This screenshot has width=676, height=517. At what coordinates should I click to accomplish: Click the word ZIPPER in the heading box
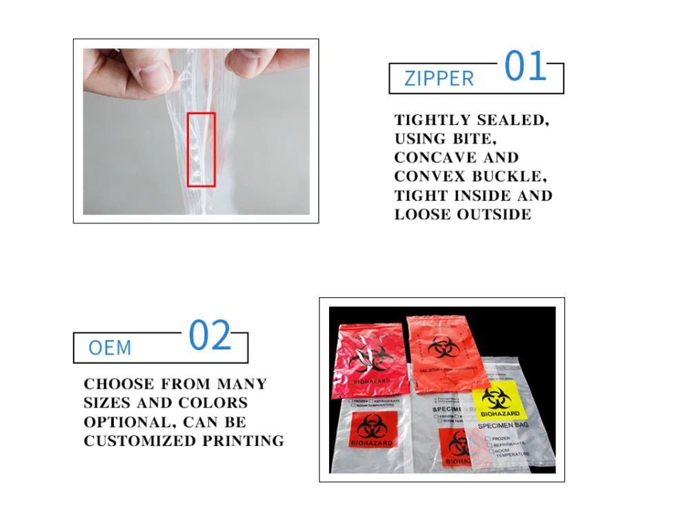coord(439,79)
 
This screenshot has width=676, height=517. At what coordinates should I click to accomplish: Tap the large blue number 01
coord(525,67)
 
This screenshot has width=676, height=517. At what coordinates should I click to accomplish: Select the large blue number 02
coord(210,336)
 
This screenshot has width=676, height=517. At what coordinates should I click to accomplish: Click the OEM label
coord(110,347)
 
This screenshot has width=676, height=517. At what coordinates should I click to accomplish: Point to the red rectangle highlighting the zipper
coord(201,150)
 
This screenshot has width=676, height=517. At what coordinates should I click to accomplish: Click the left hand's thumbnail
coord(155,75)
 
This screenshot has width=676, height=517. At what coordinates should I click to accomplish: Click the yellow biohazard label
coord(499,403)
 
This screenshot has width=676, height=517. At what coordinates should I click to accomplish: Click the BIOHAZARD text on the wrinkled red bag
coord(371,381)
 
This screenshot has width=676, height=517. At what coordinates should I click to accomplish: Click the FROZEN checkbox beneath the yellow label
coord(489,438)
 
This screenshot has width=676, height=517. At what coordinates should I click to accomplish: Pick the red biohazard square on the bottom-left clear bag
coord(372,430)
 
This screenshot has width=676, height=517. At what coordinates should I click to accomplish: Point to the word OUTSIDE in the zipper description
coord(494,214)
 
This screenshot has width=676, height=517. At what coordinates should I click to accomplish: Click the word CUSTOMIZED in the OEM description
coord(130,440)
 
